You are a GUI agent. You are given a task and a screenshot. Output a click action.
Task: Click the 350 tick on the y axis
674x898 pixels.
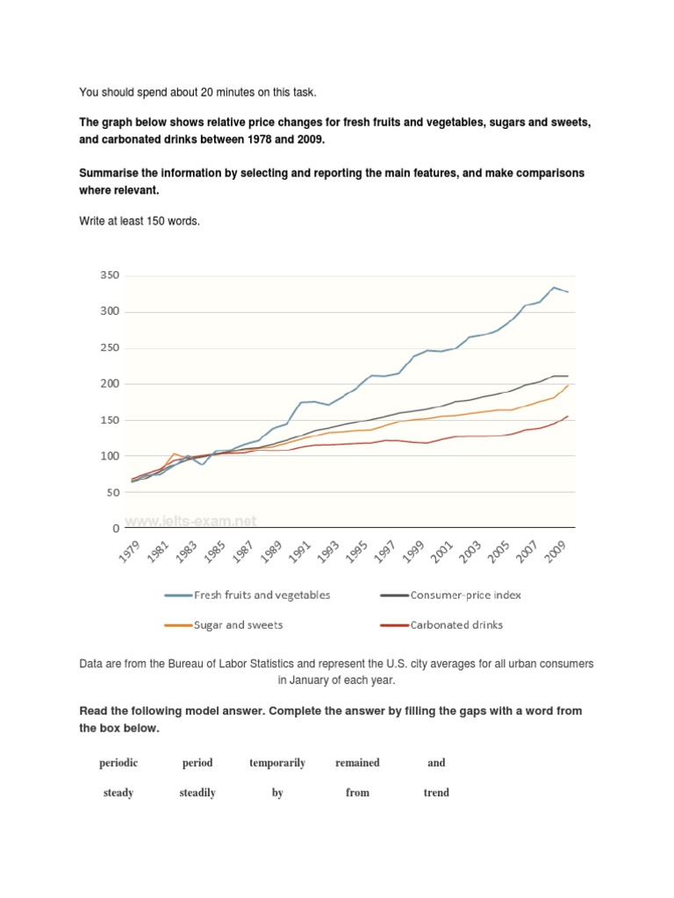click(109, 275)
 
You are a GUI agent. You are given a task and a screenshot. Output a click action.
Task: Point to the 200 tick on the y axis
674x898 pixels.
click(109, 384)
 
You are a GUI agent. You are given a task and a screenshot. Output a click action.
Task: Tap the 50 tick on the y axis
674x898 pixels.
click(112, 493)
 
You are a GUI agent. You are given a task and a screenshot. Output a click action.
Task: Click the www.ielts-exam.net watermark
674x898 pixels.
click(190, 521)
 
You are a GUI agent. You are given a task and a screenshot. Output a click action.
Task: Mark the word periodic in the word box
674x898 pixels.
click(118, 763)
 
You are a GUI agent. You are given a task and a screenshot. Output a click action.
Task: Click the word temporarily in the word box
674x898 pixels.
click(277, 763)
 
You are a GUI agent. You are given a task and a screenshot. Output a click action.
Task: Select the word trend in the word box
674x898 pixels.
click(436, 793)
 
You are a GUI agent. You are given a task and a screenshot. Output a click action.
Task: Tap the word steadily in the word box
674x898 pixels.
click(197, 793)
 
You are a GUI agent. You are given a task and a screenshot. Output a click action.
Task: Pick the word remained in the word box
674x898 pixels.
click(357, 763)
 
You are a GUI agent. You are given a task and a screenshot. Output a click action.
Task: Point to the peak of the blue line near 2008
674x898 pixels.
click(554, 287)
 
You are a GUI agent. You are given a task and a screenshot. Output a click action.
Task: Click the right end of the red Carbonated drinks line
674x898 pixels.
click(569, 417)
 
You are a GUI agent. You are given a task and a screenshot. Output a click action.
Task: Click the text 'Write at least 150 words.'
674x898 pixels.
click(140, 221)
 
